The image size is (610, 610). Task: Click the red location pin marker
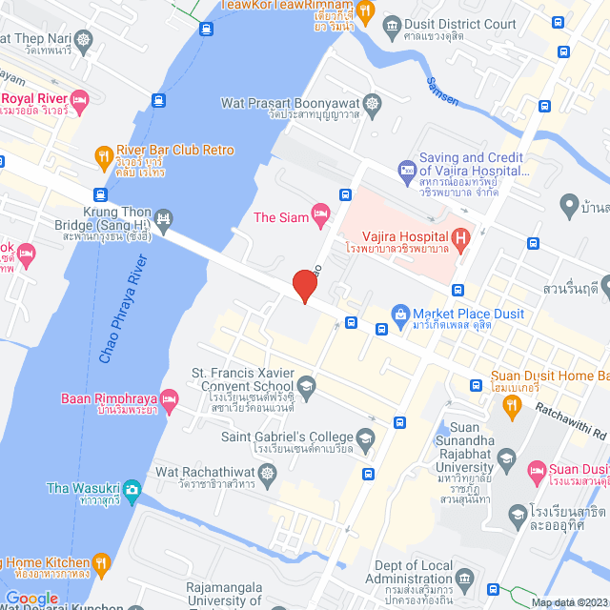tap(304, 285)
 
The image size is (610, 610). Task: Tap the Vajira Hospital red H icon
tap(461, 236)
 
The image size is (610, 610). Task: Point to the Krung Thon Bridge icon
tap(165, 219)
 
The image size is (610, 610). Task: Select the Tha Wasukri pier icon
tap(132, 490)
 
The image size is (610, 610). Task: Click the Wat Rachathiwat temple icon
tap(268, 472)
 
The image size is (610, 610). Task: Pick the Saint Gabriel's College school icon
tap(364, 437)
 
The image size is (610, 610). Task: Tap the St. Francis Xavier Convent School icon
tap(306, 386)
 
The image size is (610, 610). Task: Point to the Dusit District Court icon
tap(392, 25)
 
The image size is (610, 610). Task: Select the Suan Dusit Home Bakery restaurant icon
tap(512, 404)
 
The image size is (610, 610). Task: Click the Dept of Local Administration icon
tap(465, 578)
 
